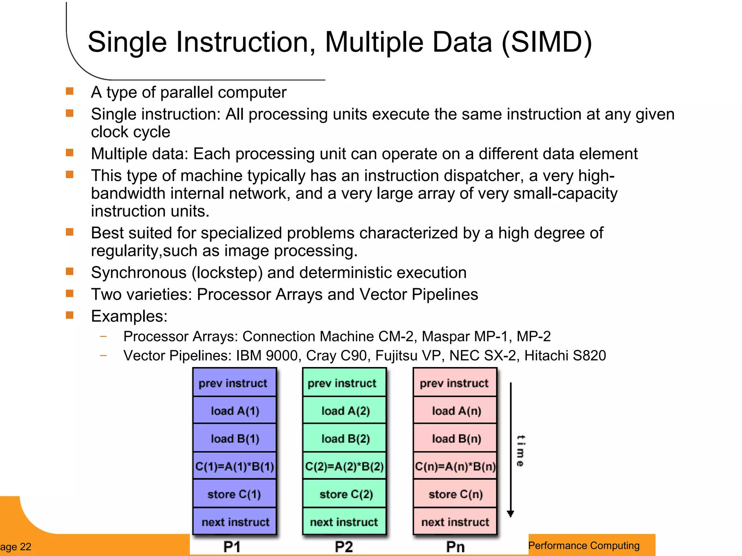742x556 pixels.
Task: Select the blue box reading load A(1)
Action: pyautogui.click(x=235, y=411)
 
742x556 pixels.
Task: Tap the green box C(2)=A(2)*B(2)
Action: pyautogui.click(x=344, y=466)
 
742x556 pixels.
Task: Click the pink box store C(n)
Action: pyautogui.click(x=455, y=494)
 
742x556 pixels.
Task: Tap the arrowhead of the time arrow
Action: pyautogui.click(x=510, y=514)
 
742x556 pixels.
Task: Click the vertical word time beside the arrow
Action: pyautogui.click(x=520, y=451)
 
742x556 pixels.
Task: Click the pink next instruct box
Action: pyautogui.click(x=455, y=522)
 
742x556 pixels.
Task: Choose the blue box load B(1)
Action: pyautogui.click(x=235, y=439)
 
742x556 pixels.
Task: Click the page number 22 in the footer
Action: pyautogui.click(x=25, y=547)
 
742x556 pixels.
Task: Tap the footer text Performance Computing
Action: pyautogui.click(x=584, y=546)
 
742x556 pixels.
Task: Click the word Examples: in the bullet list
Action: pyautogui.click(x=129, y=316)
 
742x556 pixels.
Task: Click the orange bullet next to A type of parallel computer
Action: pyautogui.click(x=70, y=91)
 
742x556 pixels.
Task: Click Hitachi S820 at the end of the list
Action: pyautogui.click(x=565, y=355)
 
